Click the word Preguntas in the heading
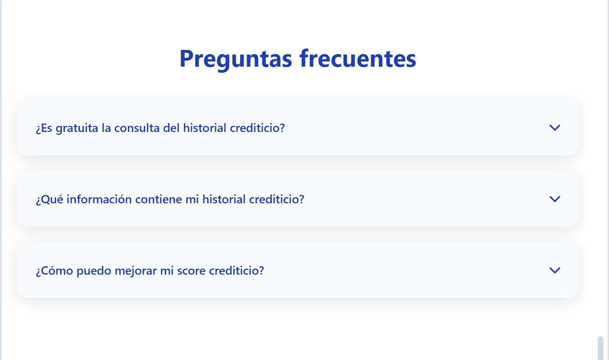(236, 59)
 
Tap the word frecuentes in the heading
(358, 58)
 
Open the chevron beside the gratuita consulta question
(554, 127)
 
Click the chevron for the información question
(554, 199)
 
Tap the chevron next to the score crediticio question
(554, 270)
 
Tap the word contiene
(158, 199)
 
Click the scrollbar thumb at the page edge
(600, 348)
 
